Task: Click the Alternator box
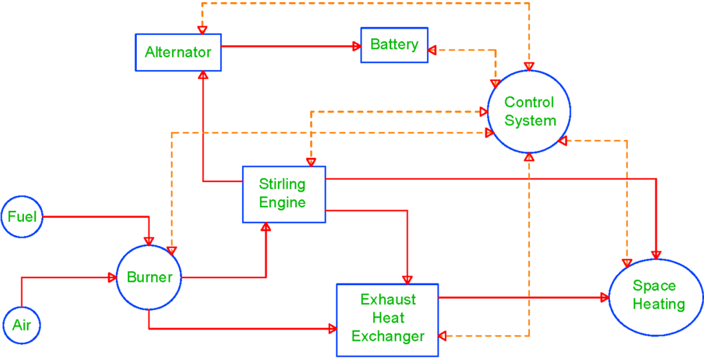(177, 52)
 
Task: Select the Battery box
(394, 45)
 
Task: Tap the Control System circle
(529, 111)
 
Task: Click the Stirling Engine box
(283, 194)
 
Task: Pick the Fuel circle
(22, 217)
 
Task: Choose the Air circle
(22, 324)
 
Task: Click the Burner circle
(148, 278)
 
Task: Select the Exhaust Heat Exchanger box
(387, 318)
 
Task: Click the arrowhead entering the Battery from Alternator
(357, 46)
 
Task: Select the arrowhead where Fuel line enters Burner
(148, 241)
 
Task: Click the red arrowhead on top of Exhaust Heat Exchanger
(407, 279)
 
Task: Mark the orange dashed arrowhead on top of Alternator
(202, 30)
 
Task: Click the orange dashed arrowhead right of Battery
(432, 50)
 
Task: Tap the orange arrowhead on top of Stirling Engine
(311, 162)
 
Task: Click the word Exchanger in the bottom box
(392, 336)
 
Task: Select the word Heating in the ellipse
(659, 304)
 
